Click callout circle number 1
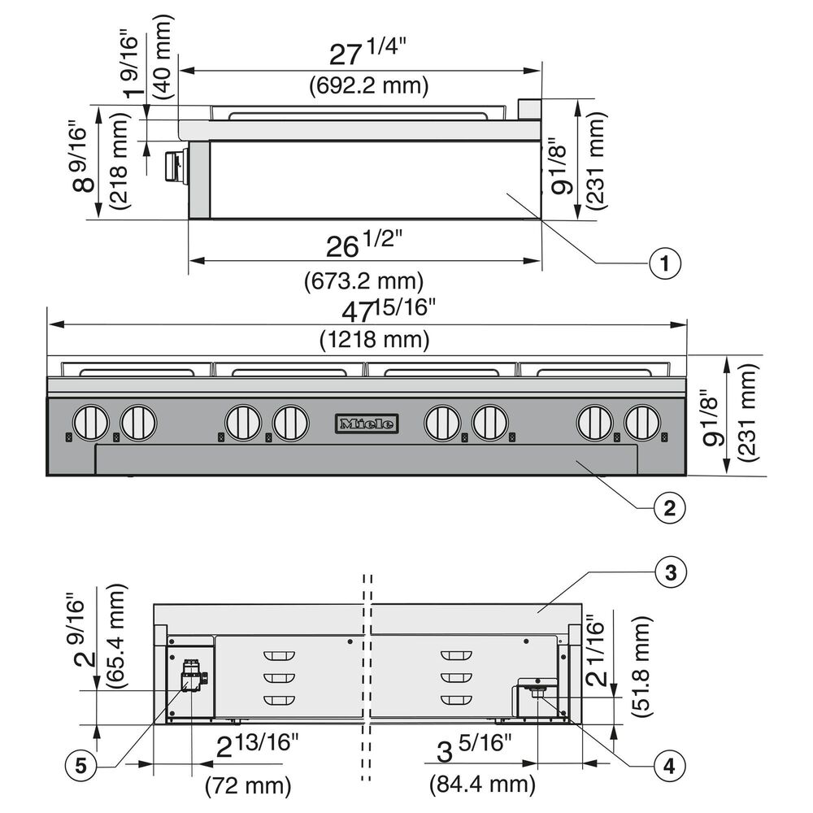pyautogui.click(x=665, y=263)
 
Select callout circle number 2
pyautogui.click(x=669, y=507)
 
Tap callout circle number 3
pyautogui.click(x=671, y=572)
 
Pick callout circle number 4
pyautogui.click(x=669, y=766)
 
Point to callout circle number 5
pyautogui.click(x=80, y=765)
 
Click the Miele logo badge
pyautogui.click(x=367, y=424)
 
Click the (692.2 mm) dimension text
pyautogui.click(x=369, y=85)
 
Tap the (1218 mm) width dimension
pyautogui.click(x=374, y=340)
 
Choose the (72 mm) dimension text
pyautogui.click(x=248, y=786)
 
